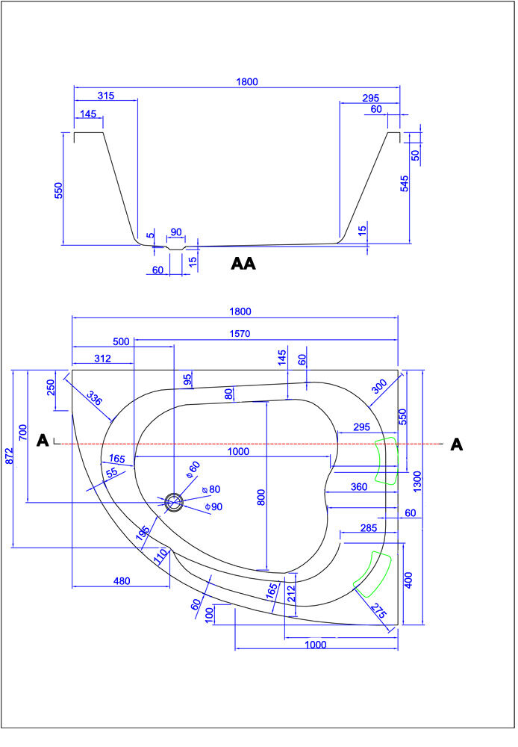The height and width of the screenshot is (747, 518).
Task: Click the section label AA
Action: [243, 264]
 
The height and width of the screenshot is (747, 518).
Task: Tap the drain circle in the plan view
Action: [175, 502]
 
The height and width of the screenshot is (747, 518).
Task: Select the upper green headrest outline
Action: [386, 461]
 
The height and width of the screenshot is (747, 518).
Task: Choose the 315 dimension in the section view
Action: [105, 96]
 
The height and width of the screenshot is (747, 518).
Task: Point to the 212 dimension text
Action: [290, 593]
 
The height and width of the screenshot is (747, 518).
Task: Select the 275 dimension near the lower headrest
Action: [378, 611]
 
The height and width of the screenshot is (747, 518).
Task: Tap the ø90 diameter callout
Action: [214, 507]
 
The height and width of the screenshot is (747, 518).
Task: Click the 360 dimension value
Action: [359, 486]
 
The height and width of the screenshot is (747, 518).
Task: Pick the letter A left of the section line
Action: [43, 441]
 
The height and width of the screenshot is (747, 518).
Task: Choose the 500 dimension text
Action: [121, 341]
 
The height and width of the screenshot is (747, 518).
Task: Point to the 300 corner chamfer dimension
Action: [379, 385]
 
